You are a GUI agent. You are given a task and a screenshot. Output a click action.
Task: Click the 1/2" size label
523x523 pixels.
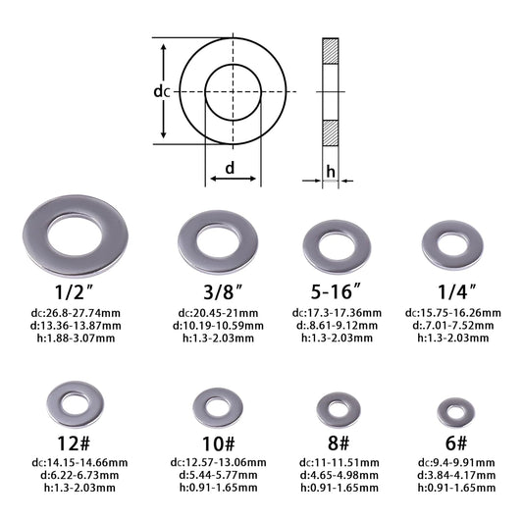click(x=74, y=292)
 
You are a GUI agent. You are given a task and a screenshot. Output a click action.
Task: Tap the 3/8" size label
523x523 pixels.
click(x=223, y=292)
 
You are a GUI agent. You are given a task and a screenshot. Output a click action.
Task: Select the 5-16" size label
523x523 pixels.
click(x=336, y=291)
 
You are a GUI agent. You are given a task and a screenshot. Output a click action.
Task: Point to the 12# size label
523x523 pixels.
click(x=74, y=444)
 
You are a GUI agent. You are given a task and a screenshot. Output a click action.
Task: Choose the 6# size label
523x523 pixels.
click(x=456, y=443)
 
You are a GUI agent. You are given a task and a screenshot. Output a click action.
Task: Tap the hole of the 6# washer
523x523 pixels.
click(x=455, y=412)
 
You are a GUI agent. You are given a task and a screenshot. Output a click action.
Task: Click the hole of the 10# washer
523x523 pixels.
click(x=218, y=407)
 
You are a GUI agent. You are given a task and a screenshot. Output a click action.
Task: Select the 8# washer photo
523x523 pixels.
click(x=339, y=410)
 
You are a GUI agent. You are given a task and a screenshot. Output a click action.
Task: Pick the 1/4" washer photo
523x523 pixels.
click(x=452, y=245)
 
